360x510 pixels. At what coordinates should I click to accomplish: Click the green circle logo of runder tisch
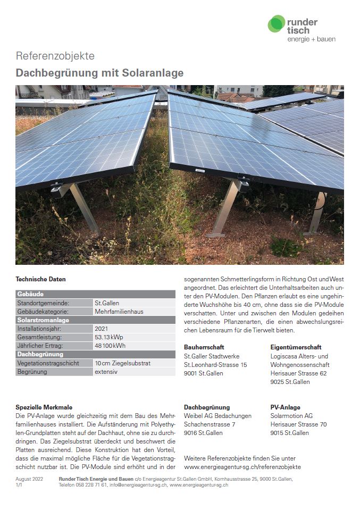click(276, 24)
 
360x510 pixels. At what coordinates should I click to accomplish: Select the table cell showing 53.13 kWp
click(110, 337)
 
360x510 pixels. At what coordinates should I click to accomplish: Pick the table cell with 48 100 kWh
click(110, 346)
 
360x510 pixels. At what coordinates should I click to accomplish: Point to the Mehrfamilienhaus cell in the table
click(119, 311)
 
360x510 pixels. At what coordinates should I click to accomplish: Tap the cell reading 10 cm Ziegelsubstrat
click(123, 363)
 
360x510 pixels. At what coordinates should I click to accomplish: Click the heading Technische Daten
click(41, 279)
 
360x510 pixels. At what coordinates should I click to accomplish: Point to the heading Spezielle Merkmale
click(44, 407)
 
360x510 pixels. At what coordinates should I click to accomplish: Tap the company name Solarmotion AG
click(291, 416)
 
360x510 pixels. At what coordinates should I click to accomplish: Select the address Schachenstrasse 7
click(209, 424)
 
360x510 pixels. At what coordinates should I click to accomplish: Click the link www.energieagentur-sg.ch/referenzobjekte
click(242, 467)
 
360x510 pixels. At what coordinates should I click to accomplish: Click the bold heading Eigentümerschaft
click(296, 347)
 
